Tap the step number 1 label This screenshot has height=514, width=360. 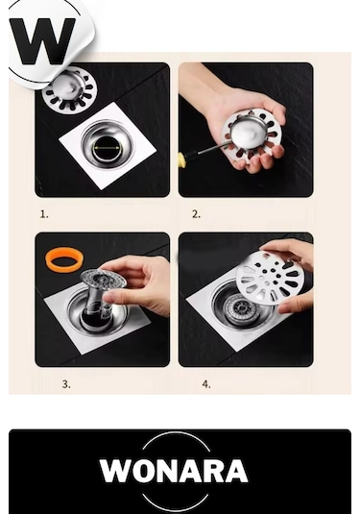pos(44,214)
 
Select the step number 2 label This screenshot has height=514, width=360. pos(196,214)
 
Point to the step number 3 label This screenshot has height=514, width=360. pos(66,384)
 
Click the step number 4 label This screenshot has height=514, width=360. pos(206,384)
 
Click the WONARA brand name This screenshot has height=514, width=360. pos(174,471)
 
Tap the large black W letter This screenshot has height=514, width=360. pos(42,40)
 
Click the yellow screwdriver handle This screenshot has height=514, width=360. pos(180,158)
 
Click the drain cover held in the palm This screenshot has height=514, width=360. pos(252,134)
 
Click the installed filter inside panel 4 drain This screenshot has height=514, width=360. pos(239,308)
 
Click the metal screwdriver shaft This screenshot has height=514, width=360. pos(204,150)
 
